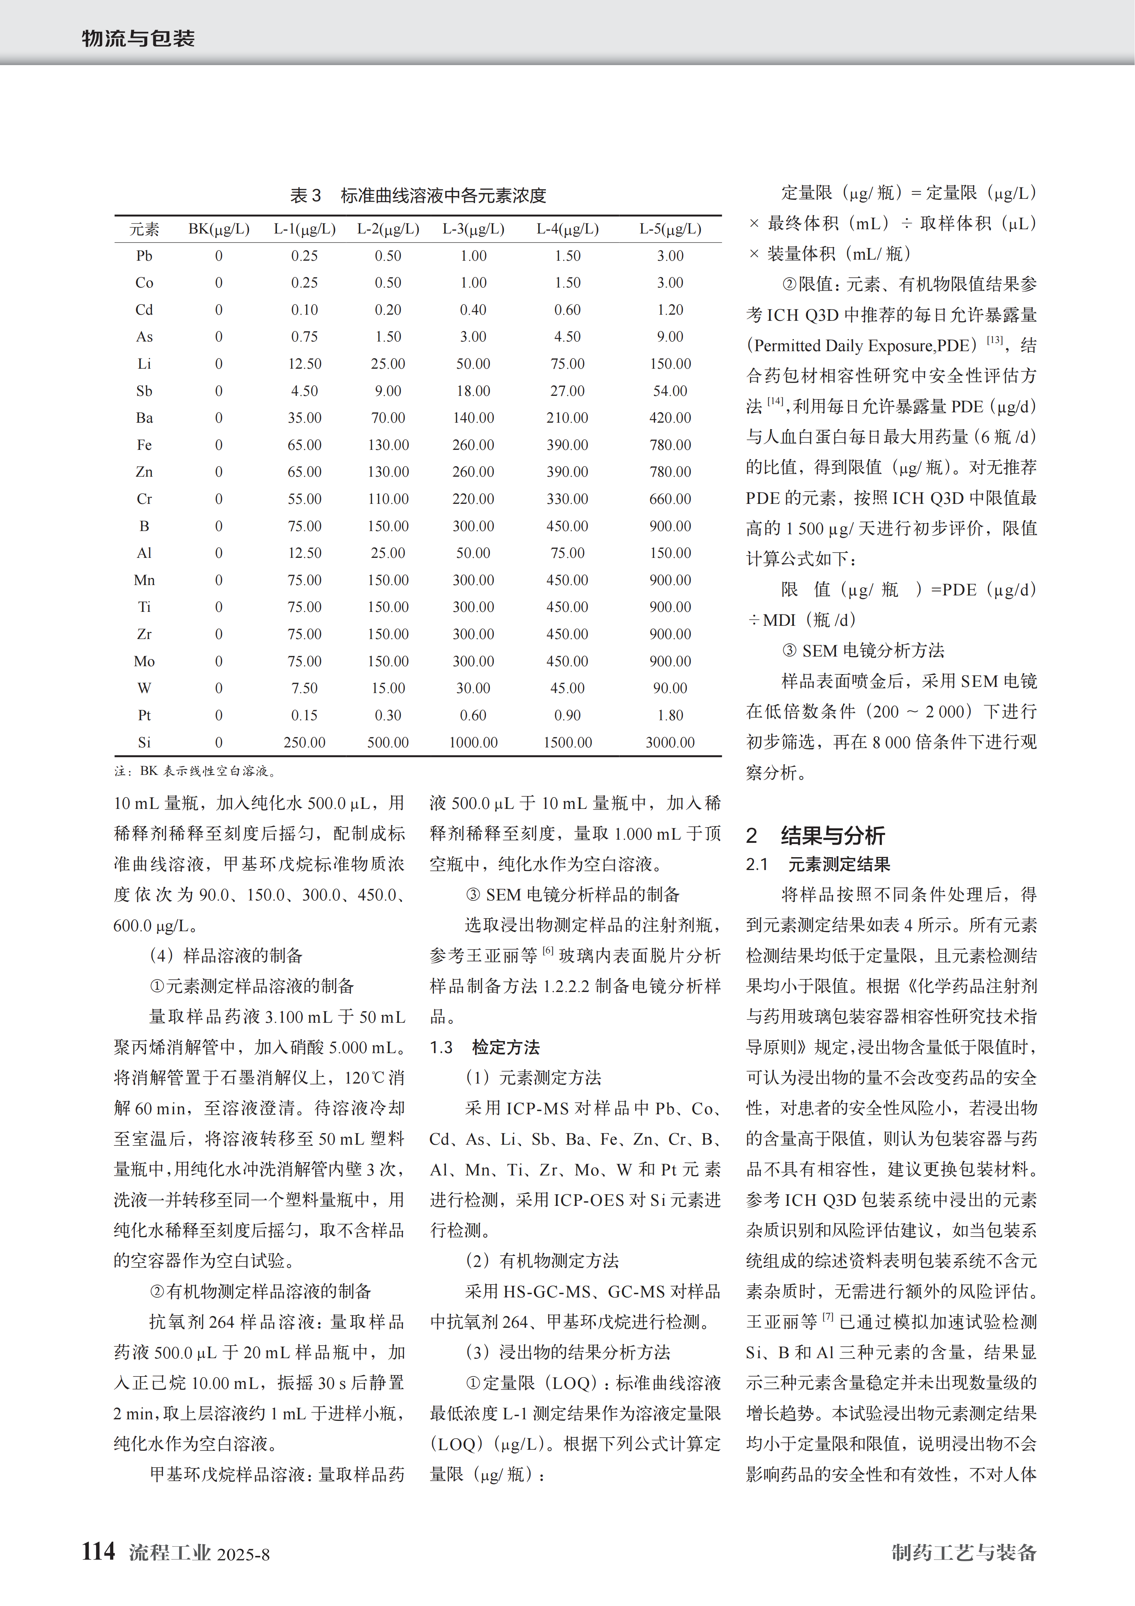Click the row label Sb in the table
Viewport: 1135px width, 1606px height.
[x=144, y=391]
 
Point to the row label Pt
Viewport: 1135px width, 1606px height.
[x=144, y=715]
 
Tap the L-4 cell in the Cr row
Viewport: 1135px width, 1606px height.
[x=567, y=499]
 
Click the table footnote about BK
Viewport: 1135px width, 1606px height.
[x=196, y=771]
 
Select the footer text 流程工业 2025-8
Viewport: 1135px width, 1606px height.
[x=199, y=1553]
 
